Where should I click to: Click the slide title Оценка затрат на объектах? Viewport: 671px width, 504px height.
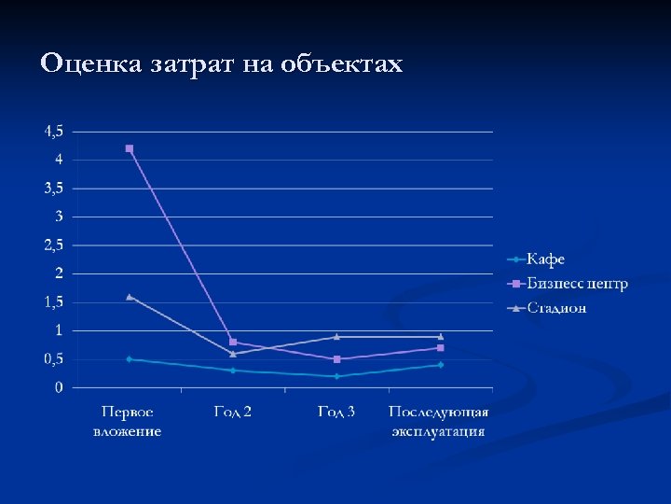pyautogui.click(x=222, y=64)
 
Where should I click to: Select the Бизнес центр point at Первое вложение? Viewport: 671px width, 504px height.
pyautogui.click(x=129, y=148)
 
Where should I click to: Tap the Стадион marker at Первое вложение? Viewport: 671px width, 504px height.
pyautogui.click(x=129, y=297)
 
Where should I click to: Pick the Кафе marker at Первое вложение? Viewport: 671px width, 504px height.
pyautogui.click(x=129, y=359)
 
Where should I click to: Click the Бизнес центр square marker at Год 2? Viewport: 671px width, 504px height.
pyautogui.click(x=233, y=342)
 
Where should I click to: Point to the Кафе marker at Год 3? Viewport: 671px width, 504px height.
pyautogui.click(x=336, y=376)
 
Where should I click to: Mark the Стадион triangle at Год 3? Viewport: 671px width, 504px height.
pyautogui.click(x=336, y=336)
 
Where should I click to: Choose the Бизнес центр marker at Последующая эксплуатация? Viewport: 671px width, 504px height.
pyautogui.click(x=441, y=347)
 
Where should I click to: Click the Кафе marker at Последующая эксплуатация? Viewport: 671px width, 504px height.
pyautogui.click(x=441, y=365)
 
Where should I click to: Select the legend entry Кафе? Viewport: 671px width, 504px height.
pyautogui.click(x=545, y=259)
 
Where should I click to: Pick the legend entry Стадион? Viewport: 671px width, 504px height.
pyautogui.click(x=556, y=307)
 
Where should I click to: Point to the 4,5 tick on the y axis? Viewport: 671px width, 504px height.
pyautogui.click(x=54, y=131)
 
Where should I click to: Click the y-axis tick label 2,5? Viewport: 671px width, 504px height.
pyautogui.click(x=54, y=245)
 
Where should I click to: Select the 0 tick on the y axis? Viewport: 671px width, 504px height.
pyautogui.click(x=59, y=387)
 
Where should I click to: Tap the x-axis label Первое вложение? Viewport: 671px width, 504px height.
pyautogui.click(x=128, y=421)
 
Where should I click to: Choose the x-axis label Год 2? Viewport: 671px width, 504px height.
pyautogui.click(x=233, y=412)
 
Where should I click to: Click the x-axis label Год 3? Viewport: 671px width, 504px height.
pyautogui.click(x=336, y=412)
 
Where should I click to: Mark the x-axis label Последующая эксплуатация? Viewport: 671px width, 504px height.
pyautogui.click(x=439, y=421)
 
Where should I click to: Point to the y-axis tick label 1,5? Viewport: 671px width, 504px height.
pyautogui.click(x=54, y=302)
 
